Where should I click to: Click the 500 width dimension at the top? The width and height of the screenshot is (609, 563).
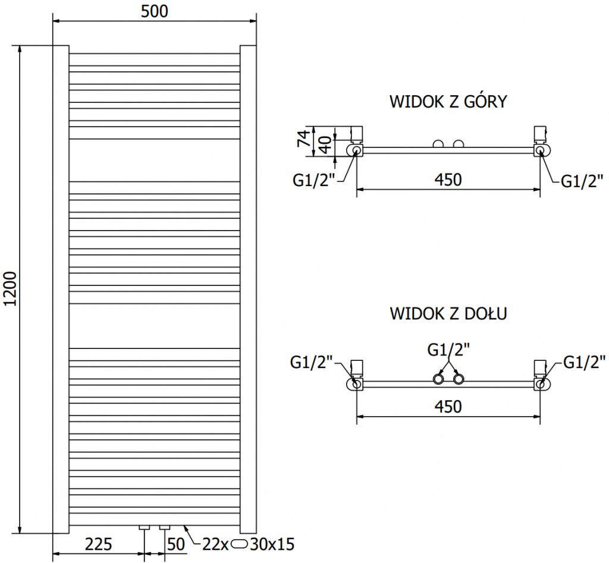[x=155, y=11]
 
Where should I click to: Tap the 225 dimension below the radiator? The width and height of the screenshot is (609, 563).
[x=99, y=543]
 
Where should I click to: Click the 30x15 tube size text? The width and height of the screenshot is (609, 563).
[x=272, y=543]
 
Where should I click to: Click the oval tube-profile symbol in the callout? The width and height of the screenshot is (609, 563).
[x=240, y=543]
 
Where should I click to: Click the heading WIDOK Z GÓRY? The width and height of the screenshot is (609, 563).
[x=447, y=101]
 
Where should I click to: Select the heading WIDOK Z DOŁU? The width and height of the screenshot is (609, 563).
[x=447, y=313]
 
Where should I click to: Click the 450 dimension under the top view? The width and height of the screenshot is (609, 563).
[x=447, y=179]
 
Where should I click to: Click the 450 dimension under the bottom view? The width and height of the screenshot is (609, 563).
[x=447, y=407]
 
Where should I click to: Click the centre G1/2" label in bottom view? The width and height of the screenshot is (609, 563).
[x=448, y=350]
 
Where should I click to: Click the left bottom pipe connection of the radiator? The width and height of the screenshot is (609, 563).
[x=145, y=528]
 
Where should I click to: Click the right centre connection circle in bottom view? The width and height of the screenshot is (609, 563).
[x=459, y=379]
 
